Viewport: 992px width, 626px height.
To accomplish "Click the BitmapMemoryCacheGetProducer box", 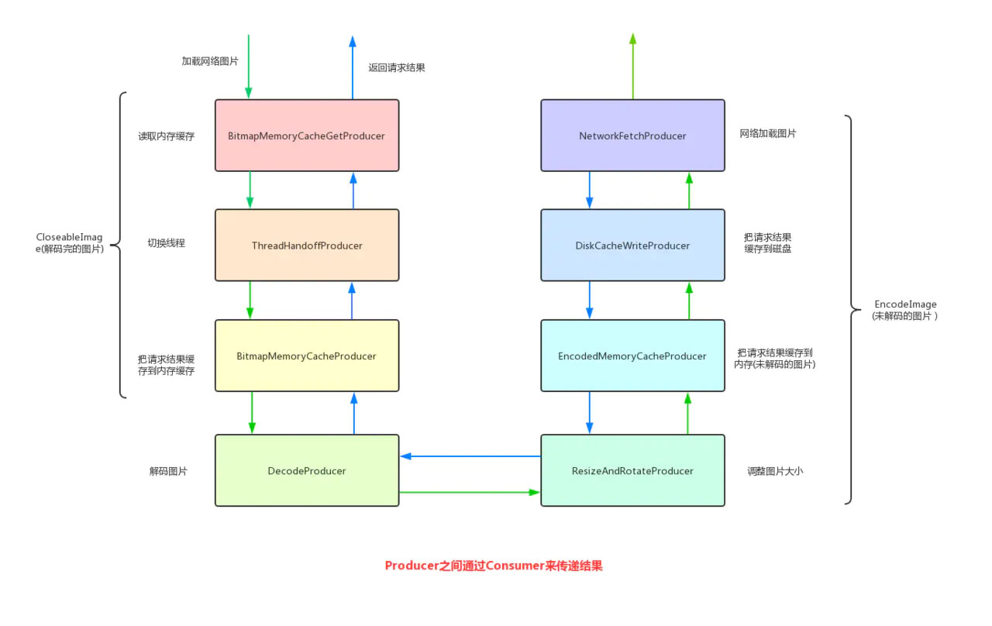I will [307, 136].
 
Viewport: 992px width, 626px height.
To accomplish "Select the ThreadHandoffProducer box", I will [307, 246].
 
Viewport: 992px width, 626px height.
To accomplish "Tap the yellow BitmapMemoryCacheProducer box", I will [307, 356].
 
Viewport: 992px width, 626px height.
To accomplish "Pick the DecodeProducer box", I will [307, 470].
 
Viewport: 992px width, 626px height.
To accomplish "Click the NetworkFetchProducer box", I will [632, 136].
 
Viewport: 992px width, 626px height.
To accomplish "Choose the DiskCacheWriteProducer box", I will [632, 246].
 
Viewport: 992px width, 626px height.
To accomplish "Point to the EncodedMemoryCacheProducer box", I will [632, 356].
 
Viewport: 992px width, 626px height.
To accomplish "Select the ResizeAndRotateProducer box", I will [632, 470].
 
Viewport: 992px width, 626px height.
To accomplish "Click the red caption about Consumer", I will [494, 566].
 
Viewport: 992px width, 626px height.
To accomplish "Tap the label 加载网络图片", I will [210, 60].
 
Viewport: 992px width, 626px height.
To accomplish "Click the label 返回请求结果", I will [397, 67].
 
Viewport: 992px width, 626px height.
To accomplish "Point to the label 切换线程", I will [167, 242].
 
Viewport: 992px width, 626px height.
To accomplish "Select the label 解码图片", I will [168, 470].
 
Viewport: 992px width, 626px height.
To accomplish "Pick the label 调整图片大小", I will [775, 470].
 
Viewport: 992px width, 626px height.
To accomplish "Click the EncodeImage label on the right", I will [905, 310].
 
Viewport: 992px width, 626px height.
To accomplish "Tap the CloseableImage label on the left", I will [70, 242].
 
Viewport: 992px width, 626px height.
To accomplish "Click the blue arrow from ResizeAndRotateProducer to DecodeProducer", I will [470, 456].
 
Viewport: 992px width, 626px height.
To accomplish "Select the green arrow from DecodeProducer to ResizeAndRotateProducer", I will [470, 492].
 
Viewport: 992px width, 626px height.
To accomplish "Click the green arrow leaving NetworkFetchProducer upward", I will [632, 67].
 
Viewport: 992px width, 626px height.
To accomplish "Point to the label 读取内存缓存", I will [167, 136].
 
